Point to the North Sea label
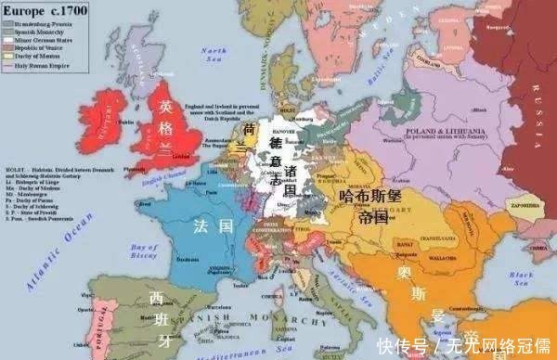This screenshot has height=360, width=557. [215, 54]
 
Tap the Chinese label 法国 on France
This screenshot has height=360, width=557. [206, 225]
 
